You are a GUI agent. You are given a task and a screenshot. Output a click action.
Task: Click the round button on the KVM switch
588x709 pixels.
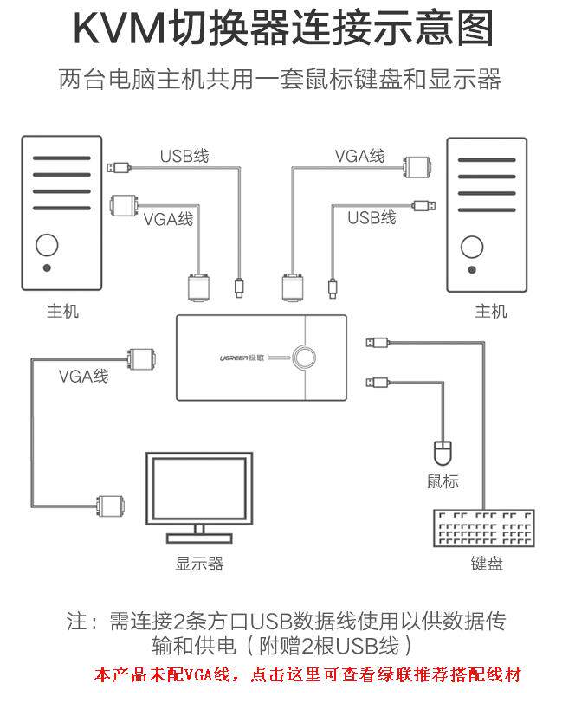tap(304, 356)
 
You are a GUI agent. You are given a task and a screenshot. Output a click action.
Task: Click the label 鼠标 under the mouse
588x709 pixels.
tap(443, 482)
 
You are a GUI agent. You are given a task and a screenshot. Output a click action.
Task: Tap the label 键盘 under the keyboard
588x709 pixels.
tap(487, 564)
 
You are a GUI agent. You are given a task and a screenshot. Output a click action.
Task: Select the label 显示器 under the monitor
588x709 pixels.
tap(199, 564)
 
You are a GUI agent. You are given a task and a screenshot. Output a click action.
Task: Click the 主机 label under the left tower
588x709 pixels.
tap(62, 311)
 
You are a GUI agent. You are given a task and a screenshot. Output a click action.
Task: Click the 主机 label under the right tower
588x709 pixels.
tap(490, 311)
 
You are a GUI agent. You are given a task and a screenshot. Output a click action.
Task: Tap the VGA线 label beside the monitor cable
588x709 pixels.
tap(84, 377)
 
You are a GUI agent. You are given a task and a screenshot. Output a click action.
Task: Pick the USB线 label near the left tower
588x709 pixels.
tap(184, 157)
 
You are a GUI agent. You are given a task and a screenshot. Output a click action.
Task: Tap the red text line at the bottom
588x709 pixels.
tap(307, 674)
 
